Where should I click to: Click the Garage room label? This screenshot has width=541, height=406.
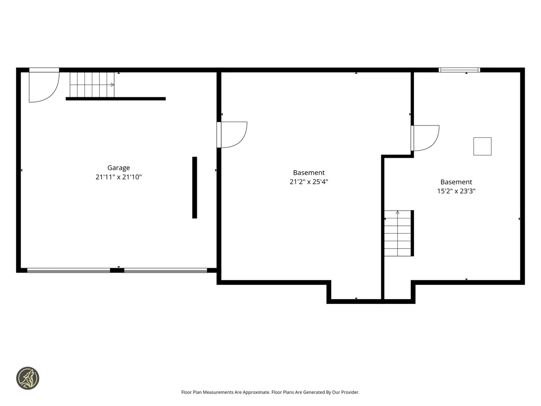[x=119, y=168]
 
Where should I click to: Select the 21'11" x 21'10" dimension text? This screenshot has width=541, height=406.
[x=119, y=177]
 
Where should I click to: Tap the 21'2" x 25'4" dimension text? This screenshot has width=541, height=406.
[x=309, y=182]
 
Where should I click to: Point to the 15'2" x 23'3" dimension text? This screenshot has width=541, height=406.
[x=456, y=191]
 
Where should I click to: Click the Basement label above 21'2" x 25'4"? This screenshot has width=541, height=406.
[x=309, y=172]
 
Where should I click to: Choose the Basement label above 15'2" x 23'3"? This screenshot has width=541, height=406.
[x=456, y=182]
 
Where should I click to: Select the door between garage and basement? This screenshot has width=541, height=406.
[x=232, y=135]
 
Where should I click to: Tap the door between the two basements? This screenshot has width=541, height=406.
[x=425, y=138]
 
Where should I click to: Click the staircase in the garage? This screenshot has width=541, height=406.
[x=92, y=85]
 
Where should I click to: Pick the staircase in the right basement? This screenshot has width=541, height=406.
[x=398, y=234]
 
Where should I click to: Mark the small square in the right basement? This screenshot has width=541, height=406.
[x=482, y=147]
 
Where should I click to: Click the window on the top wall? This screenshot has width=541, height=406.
[x=459, y=70]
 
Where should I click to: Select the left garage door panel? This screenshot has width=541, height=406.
[x=69, y=271]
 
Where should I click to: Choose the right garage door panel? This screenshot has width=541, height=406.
[x=166, y=271]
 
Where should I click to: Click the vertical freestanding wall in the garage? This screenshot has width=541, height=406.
[x=195, y=188]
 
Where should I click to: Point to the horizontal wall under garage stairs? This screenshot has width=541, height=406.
[x=116, y=99]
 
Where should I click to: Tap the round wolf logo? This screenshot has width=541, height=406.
[x=28, y=378]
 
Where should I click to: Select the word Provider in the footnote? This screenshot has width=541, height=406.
[x=350, y=392]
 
